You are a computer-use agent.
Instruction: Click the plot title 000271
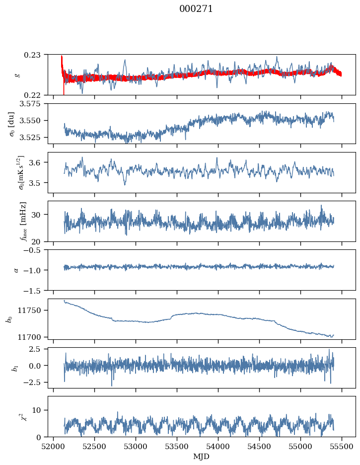point(196,9)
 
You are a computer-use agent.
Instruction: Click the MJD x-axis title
point(201,457)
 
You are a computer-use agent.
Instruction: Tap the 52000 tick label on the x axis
point(54,446)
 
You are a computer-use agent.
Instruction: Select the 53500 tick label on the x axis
point(177,446)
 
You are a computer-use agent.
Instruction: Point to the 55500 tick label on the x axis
point(341,446)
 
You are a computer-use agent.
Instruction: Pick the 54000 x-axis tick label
point(218,446)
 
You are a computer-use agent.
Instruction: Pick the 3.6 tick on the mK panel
point(39,162)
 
